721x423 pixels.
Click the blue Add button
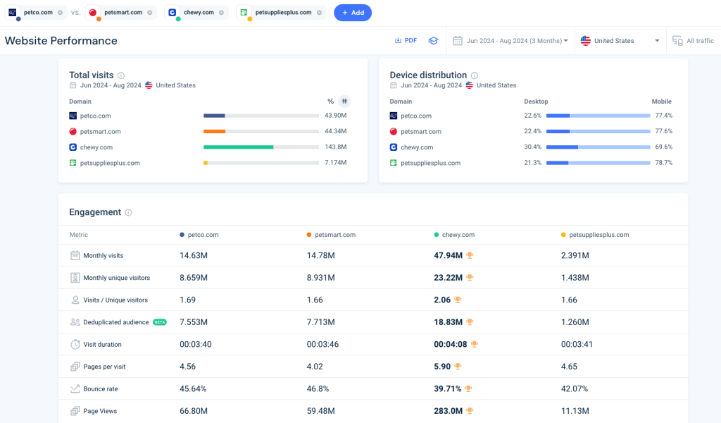tap(353, 13)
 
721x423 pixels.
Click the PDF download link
tap(406, 41)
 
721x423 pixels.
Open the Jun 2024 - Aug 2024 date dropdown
tap(511, 41)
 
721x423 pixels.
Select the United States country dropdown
tap(620, 41)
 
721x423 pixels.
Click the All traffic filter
tap(694, 41)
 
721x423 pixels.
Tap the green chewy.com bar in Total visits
tap(238, 147)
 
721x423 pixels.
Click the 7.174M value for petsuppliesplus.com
tap(335, 163)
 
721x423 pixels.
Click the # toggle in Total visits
tap(344, 102)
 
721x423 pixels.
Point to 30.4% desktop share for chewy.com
tap(533, 147)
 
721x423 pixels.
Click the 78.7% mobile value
tap(663, 163)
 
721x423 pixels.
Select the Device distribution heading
tap(428, 75)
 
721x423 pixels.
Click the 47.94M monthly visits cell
tap(449, 255)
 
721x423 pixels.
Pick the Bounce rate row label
tap(100, 388)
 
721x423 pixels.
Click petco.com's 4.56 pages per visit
tap(187, 367)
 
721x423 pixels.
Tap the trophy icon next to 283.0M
tap(469, 411)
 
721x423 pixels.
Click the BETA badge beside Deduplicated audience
tap(160, 322)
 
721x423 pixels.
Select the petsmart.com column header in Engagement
tap(335, 235)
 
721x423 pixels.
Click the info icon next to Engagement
tap(128, 212)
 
